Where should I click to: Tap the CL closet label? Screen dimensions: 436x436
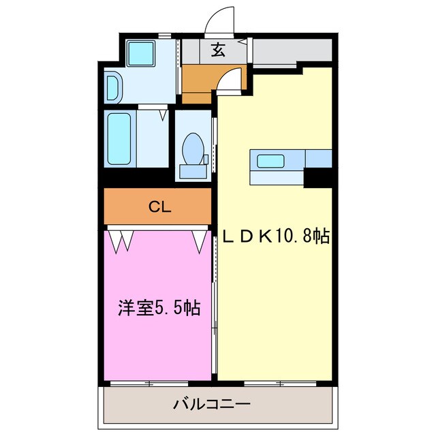point(160,206)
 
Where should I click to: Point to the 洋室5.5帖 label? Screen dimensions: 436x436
point(157,307)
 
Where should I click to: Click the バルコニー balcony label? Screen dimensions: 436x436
point(211,404)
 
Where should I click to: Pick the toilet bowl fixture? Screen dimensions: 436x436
point(193,146)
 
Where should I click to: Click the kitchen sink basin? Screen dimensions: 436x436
point(270,161)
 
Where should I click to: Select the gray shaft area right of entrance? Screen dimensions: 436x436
point(293,50)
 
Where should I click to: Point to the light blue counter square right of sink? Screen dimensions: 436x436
point(318,158)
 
